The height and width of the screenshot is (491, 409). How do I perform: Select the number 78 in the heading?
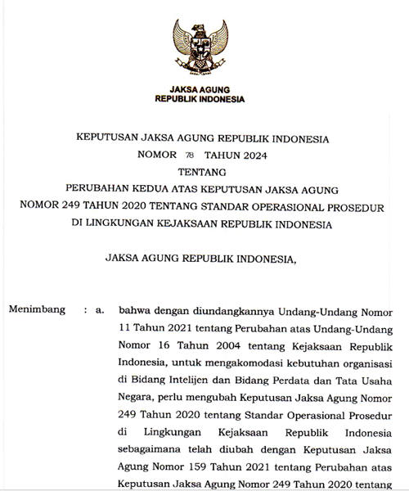[189, 155]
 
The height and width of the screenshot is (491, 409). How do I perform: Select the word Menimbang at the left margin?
[37, 311]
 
